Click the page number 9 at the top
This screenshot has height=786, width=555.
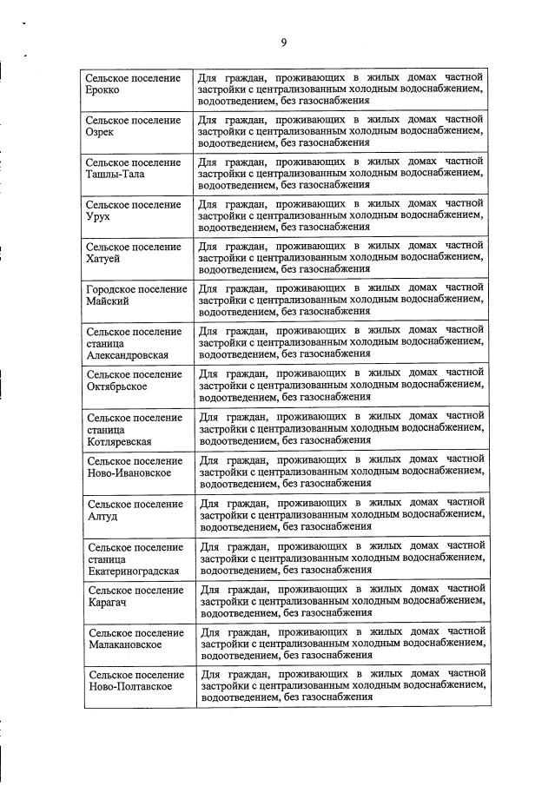(x=283, y=42)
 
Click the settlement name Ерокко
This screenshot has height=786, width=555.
(x=103, y=90)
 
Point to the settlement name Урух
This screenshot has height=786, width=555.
(x=99, y=216)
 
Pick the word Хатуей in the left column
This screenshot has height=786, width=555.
(x=103, y=259)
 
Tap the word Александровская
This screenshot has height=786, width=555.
(x=127, y=355)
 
